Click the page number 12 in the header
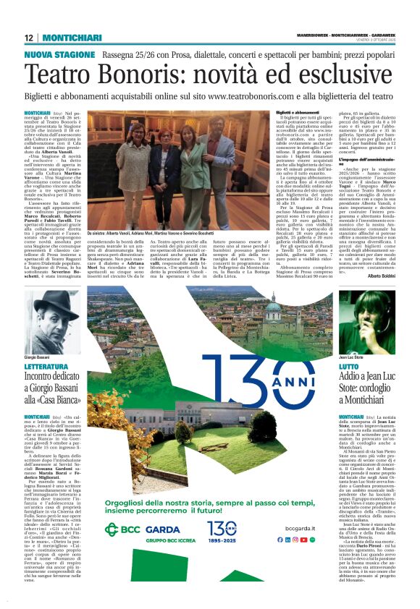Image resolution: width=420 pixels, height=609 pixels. pyautogui.click(x=29, y=38)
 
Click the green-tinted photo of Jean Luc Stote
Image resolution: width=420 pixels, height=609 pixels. pyautogui.click(x=366, y=318)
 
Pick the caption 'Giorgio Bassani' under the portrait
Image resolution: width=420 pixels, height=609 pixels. pyautogui.click(x=40, y=357)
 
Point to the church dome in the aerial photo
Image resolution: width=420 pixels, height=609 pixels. pyautogui.click(x=293, y=310)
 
